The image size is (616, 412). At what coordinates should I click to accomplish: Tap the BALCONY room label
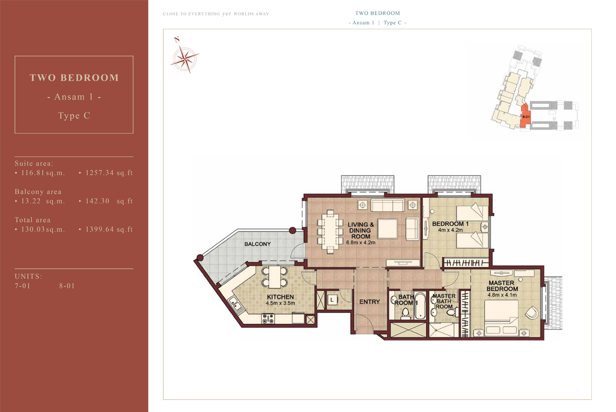[257, 244]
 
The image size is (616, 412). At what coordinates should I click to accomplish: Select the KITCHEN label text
[280, 297]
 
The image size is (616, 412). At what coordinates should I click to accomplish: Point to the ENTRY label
[369, 302]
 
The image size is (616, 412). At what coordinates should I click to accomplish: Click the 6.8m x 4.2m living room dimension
[360, 242]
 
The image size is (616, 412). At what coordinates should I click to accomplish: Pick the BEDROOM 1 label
[450, 224]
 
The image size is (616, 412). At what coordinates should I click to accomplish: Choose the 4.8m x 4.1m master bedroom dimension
[502, 295]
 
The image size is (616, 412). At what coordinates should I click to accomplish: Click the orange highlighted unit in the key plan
[525, 116]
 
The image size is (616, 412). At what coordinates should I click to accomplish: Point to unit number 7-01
[23, 286]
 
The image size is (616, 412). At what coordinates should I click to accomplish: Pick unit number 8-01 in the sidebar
[67, 286]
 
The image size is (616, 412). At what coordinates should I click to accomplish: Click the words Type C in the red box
[74, 116]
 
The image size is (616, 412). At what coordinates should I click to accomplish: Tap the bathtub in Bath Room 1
[420, 306]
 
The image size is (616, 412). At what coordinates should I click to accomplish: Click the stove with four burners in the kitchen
[268, 319]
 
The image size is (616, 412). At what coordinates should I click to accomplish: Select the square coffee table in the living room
[388, 229]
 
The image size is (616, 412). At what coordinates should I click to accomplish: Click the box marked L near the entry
[332, 299]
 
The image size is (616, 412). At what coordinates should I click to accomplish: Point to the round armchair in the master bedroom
[532, 313]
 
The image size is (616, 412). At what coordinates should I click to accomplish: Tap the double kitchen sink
[236, 305]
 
